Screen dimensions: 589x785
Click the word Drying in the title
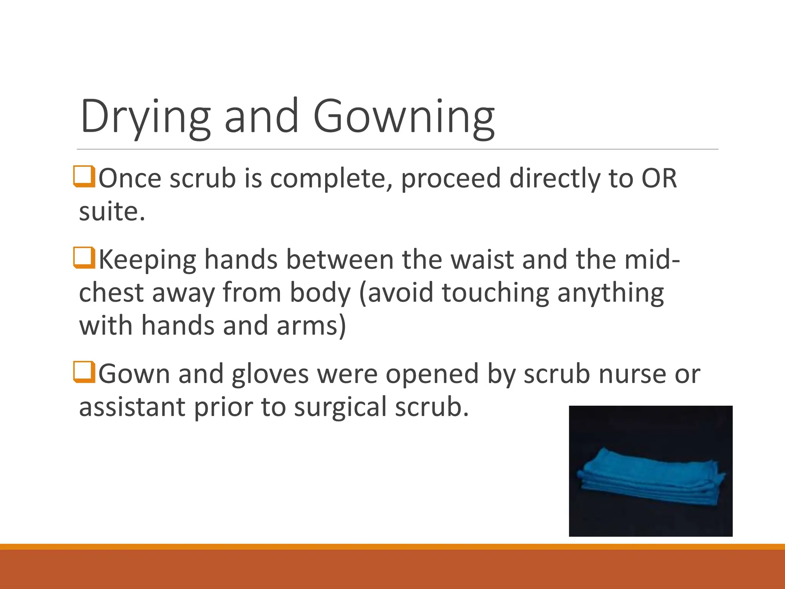pyautogui.click(x=145, y=117)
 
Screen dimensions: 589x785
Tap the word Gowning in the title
pyautogui.click(x=404, y=117)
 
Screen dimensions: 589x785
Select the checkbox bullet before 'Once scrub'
pyautogui.click(x=84, y=176)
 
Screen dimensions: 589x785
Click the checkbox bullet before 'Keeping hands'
pyautogui.click(x=84, y=258)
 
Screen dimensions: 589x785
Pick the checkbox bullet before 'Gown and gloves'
pyautogui.click(x=84, y=372)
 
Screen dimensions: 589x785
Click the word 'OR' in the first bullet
pyautogui.click(x=659, y=179)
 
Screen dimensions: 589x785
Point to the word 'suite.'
pyautogui.click(x=112, y=212)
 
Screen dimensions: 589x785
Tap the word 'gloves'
pyautogui.click(x=270, y=374)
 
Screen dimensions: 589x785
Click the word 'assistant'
pyautogui.click(x=132, y=407)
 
